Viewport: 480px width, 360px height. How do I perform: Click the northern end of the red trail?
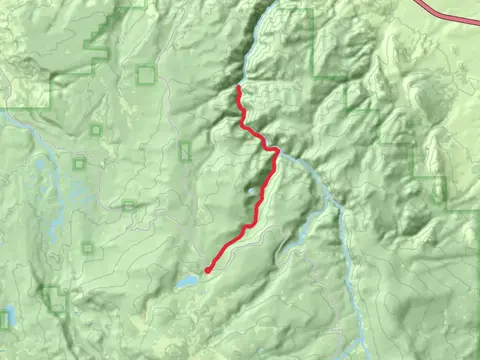tap(238, 88)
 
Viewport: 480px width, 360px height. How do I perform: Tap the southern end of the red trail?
tap(207, 270)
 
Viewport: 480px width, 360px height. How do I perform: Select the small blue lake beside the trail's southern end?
tap(187, 283)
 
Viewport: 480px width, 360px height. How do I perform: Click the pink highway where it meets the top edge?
tap(418, 2)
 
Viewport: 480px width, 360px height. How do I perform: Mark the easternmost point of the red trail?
tap(276, 152)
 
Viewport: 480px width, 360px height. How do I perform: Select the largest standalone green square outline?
tap(146, 74)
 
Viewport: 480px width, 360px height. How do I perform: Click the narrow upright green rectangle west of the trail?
tap(185, 151)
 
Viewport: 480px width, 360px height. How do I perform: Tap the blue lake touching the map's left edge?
tap(4, 317)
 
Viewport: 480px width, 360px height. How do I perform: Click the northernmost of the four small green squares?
tap(96, 129)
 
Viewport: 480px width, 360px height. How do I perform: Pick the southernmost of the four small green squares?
tap(87, 247)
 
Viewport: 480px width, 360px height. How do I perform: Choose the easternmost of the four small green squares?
tap(128, 204)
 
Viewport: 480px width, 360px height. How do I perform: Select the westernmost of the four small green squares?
tap(78, 163)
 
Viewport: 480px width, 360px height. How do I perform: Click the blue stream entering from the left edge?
tap(4, 115)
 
